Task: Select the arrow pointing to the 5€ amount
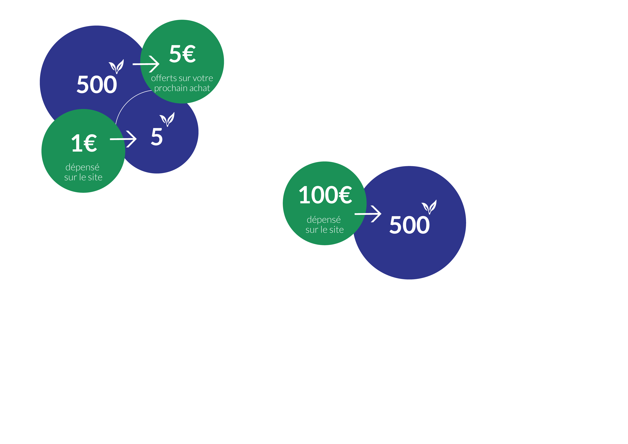point(146,64)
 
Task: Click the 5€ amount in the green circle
point(182,54)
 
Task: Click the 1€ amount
point(84,143)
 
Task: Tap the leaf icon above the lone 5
point(167,119)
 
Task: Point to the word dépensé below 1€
point(82,167)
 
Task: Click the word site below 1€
point(95,177)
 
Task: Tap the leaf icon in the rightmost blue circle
point(429,207)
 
